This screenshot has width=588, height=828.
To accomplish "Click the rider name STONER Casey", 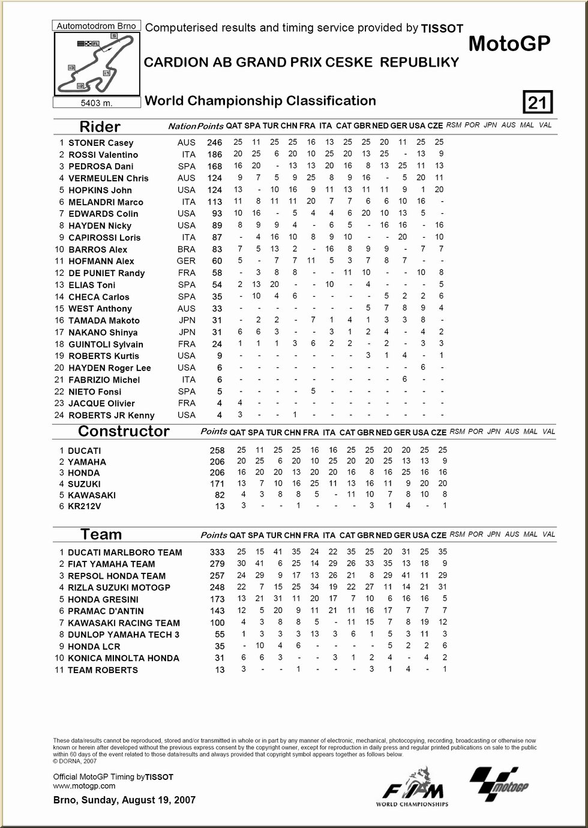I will [x=101, y=143].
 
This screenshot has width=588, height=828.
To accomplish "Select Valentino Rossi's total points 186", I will [x=214, y=155].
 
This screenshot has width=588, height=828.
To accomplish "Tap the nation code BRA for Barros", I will [x=187, y=249].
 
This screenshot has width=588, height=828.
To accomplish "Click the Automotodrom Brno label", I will [x=97, y=26].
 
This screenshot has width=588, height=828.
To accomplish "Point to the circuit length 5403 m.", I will [x=97, y=103].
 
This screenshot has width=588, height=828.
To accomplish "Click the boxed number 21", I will [x=538, y=103].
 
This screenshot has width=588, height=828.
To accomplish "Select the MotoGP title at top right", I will [x=509, y=43].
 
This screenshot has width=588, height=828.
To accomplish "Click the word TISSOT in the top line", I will [x=442, y=28].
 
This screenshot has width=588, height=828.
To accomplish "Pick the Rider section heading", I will [x=100, y=127].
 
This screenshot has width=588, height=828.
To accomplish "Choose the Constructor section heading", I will [x=124, y=431].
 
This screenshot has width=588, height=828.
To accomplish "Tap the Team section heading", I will [x=101, y=534].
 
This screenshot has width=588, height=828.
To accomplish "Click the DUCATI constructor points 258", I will [x=217, y=450].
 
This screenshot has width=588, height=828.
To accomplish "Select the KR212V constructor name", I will [x=84, y=506].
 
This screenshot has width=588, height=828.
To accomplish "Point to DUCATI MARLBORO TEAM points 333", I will [x=217, y=552].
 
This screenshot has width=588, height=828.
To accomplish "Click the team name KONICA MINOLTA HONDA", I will [x=123, y=658].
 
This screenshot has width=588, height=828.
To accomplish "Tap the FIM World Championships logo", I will [x=412, y=787].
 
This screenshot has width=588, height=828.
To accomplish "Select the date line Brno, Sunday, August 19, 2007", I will [x=124, y=800].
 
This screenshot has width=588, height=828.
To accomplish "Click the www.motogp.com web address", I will [x=84, y=785].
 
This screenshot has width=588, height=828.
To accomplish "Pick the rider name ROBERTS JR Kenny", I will [x=111, y=416].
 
